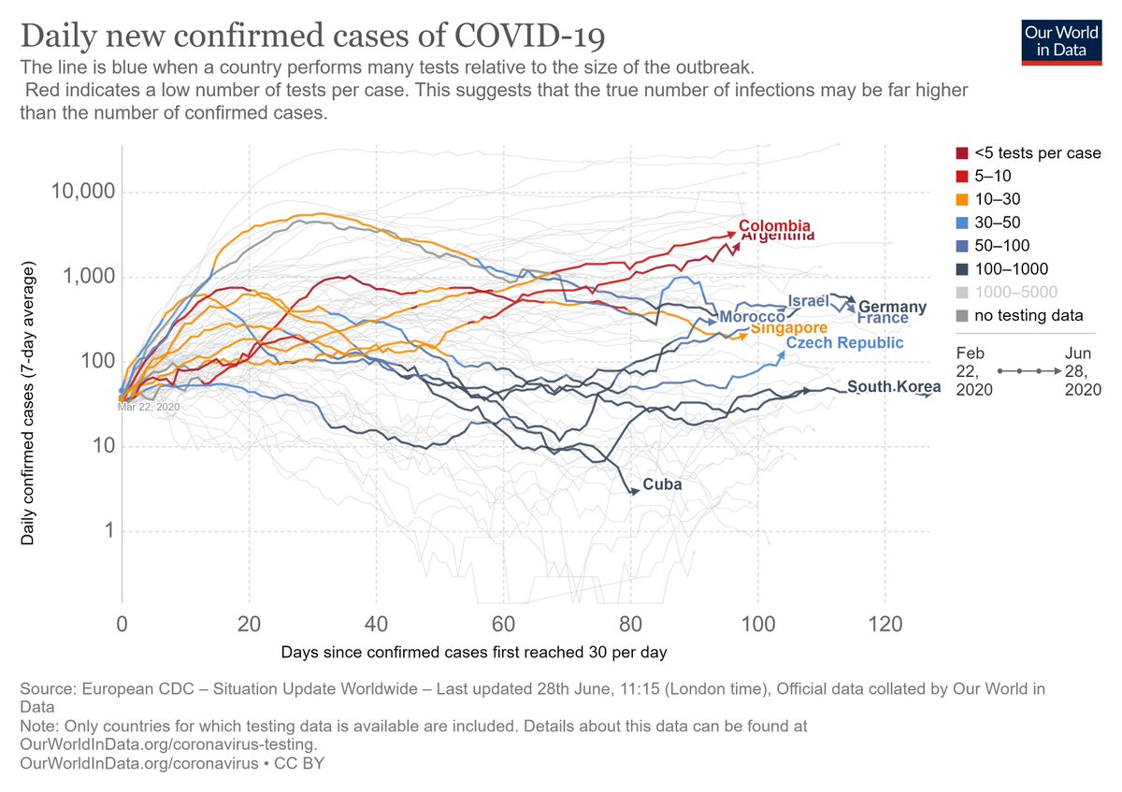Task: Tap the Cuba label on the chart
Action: (x=662, y=485)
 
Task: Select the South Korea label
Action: (x=886, y=387)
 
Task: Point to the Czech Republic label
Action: (x=844, y=343)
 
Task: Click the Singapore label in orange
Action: (x=788, y=328)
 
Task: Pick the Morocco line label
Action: (x=752, y=318)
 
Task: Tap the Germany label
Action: (x=892, y=307)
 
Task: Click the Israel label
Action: (x=808, y=301)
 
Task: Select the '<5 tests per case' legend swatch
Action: (x=961, y=152)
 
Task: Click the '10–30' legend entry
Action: (x=993, y=199)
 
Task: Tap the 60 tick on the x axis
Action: (x=503, y=624)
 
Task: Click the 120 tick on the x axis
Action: (x=885, y=624)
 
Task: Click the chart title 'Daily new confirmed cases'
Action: (x=312, y=37)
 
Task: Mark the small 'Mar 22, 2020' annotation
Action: (x=148, y=407)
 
